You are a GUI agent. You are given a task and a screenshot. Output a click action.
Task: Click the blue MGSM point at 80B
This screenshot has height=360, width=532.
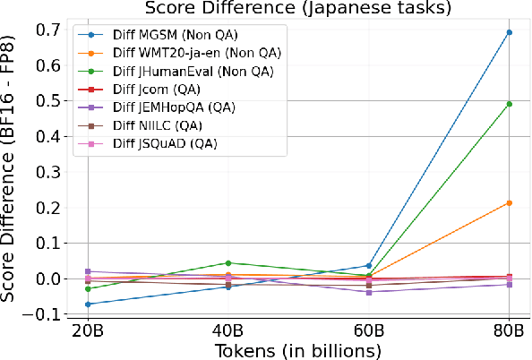click(509, 32)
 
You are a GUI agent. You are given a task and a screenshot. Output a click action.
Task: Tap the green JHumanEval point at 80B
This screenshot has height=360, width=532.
click(509, 104)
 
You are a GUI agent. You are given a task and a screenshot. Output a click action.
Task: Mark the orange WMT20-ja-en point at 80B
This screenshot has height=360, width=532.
click(509, 203)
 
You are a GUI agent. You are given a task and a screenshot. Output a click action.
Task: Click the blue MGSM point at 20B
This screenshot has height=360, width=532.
click(88, 304)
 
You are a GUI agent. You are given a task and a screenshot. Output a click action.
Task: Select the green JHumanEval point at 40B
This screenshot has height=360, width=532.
click(228, 263)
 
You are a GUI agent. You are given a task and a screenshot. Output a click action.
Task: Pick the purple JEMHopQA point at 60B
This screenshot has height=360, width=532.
click(368, 292)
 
